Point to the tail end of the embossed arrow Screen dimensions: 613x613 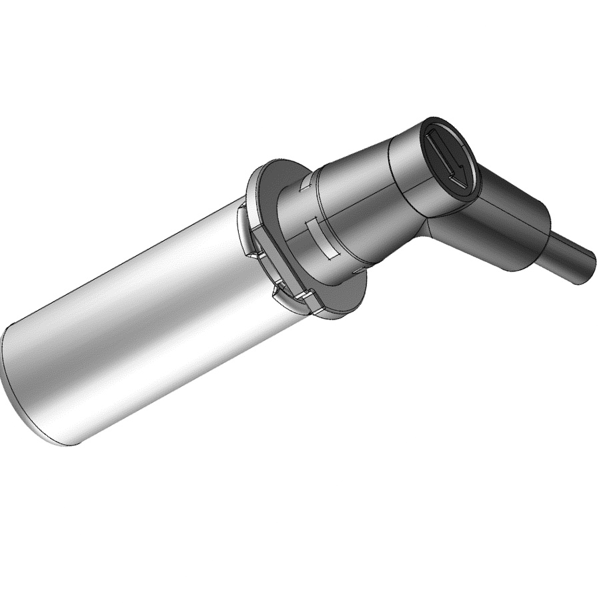pos(432,136)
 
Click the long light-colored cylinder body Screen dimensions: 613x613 pos(133,320)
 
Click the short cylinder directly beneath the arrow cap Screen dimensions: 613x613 pos(407,180)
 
